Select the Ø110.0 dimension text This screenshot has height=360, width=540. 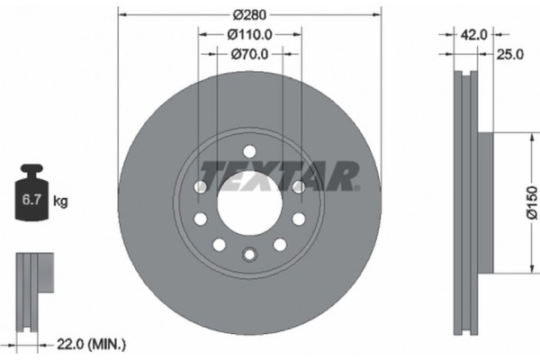point(250,34)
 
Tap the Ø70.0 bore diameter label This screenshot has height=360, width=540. point(250,54)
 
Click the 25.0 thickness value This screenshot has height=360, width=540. point(510,55)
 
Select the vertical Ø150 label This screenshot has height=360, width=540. point(531,202)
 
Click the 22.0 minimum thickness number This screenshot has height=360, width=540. point(70,344)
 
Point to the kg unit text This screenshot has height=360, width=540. point(60,202)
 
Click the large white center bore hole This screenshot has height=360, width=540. point(249,202)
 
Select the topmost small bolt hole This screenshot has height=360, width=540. point(250,150)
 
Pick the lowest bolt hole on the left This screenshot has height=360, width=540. point(219,245)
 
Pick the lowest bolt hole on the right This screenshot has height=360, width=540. point(280,245)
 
